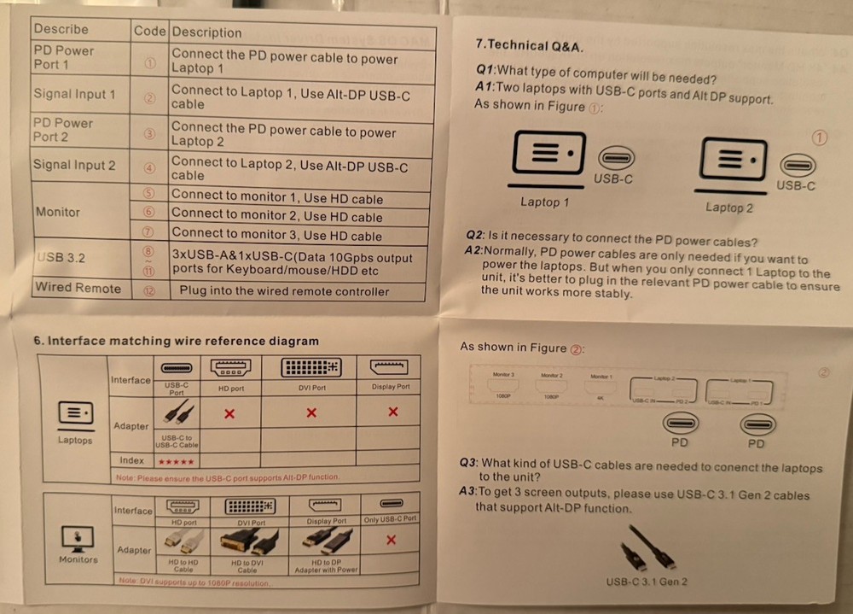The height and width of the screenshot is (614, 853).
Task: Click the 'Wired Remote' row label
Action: (78, 289)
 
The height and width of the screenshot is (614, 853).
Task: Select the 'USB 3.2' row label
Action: (61, 257)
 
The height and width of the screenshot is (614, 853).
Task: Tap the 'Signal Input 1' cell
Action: (74, 94)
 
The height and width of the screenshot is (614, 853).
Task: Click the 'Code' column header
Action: (149, 31)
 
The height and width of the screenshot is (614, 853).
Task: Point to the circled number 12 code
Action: (149, 290)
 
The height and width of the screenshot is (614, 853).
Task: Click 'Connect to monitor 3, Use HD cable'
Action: (276, 235)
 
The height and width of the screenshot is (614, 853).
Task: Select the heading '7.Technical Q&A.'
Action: (530, 45)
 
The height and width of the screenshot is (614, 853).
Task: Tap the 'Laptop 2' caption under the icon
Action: (729, 208)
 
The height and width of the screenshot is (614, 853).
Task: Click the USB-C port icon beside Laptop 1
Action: (615, 158)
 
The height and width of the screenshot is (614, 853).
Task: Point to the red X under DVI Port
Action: (311, 413)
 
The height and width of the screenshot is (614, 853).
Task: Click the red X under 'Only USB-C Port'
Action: (390, 541)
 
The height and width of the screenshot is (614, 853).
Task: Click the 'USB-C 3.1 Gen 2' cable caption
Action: (647, 582)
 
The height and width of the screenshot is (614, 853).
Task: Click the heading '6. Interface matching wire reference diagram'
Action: (176, 341)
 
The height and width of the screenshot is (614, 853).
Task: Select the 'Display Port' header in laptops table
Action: (391, 387)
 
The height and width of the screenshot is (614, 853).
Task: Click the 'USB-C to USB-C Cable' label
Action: (177, 441)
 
